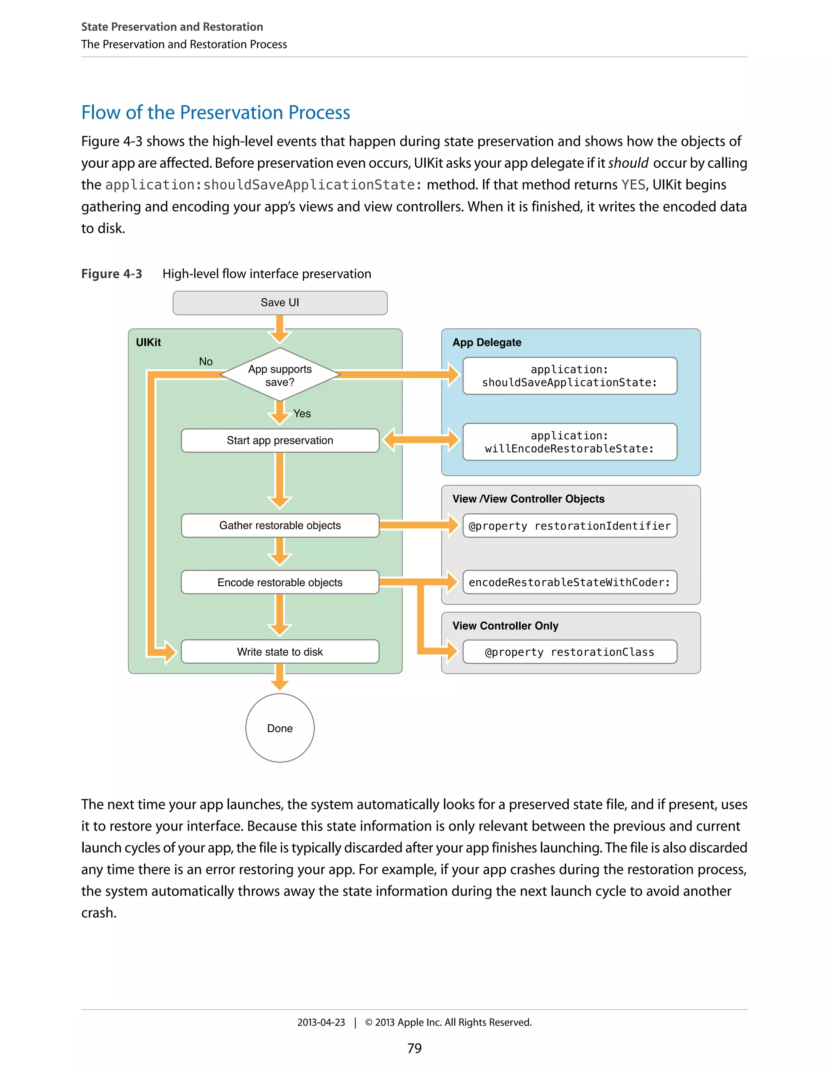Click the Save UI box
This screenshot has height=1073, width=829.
tap(280, 302)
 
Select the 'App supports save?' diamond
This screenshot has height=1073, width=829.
tap(280, 375)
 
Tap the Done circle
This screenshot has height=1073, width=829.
tap(280, 728)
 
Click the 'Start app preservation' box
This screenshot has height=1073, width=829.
tap(280, 440)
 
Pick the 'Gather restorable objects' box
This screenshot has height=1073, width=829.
tap(280, 525)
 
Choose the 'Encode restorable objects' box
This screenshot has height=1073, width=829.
tap(280, 582)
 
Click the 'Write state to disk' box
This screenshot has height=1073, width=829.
tap(280, 651)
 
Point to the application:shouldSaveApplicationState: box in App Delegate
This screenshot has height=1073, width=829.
tap(570, 376)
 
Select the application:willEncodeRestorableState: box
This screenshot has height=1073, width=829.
tap(570, 442)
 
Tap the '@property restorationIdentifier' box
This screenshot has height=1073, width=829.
tap(570, 526)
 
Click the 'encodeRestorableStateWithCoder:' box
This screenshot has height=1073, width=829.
tap(570, 582)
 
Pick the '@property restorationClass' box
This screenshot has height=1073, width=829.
tap(570, 652)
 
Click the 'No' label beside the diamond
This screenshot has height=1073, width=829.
tap(206, 362)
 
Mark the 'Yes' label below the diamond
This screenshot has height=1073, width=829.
tap(302, 414)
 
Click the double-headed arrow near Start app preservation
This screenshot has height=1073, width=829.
tap(421, 439)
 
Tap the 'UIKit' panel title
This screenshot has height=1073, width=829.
tap(148, 343)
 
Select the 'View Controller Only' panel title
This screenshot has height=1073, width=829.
tap(505, 626)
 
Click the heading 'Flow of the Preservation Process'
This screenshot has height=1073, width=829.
tap(216, 113)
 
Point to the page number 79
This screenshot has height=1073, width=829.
tap(414, 1048)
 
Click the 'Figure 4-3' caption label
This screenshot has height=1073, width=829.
tap(111, 274)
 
